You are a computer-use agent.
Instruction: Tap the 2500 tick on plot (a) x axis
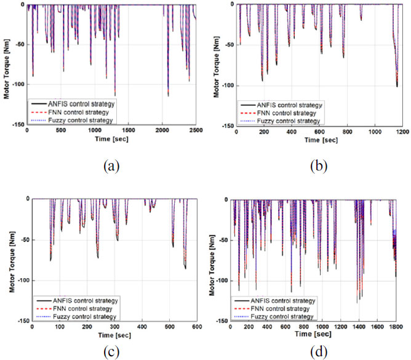pos(194,130)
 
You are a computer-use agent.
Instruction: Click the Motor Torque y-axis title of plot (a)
pos(7,68)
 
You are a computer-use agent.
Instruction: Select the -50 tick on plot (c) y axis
pos(20,239)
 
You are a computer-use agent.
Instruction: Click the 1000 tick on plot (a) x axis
pos(94,130)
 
